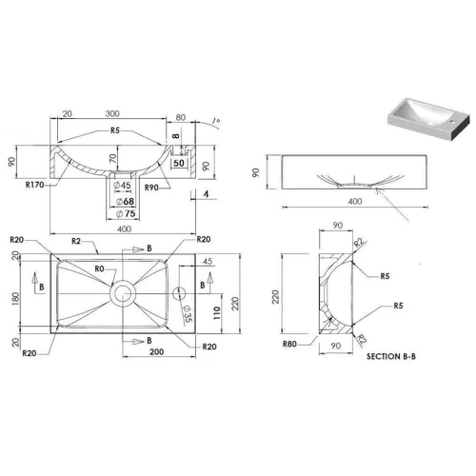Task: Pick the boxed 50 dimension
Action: [x=178, y=164]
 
